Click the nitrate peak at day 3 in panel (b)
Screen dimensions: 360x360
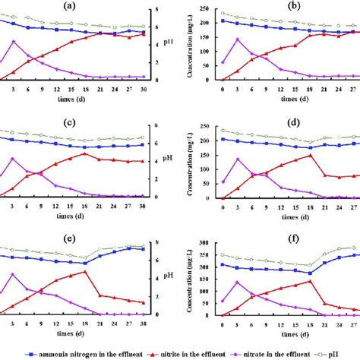pos(238,39)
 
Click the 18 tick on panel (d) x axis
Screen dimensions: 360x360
pos(311,206)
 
